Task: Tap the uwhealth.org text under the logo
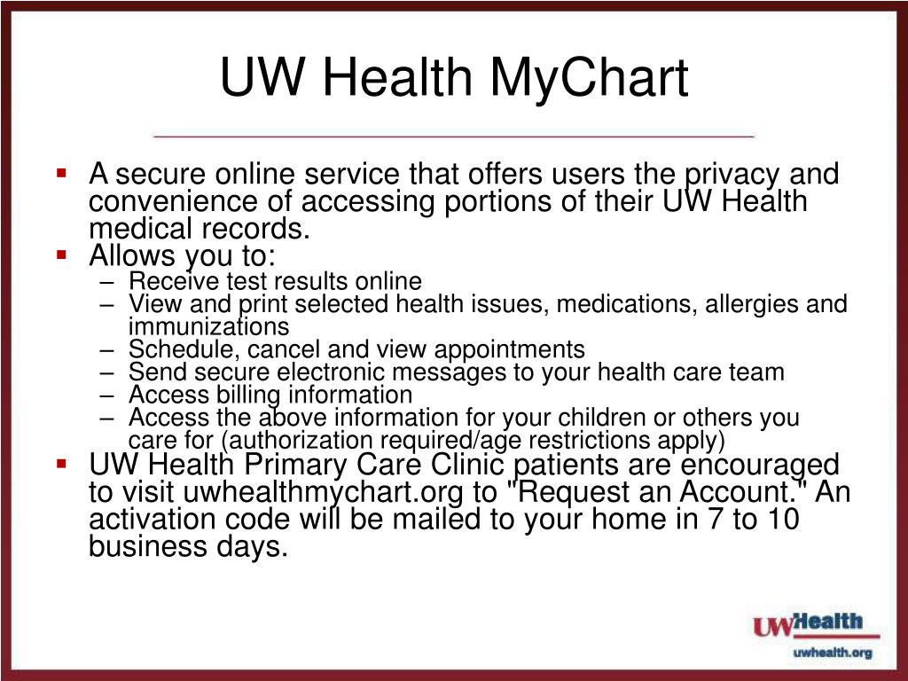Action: coord(832,653)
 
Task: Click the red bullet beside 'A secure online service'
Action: coord(62,172)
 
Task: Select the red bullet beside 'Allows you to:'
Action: coord(62,254)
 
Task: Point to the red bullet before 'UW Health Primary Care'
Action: coord(62,463)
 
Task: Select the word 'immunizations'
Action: coord(208,326)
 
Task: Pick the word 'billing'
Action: coord(248,395)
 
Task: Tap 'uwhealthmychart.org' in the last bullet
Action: coord(323,493)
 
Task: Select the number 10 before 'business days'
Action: coord(781,519)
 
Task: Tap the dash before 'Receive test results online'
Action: coord(106,282)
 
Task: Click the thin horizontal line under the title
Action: coord(453,136)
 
